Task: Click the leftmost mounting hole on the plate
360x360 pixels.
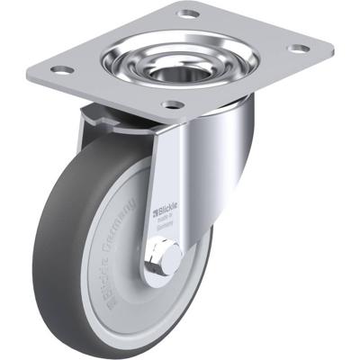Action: [60, 69]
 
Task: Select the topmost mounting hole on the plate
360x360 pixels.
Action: [188, 13]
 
